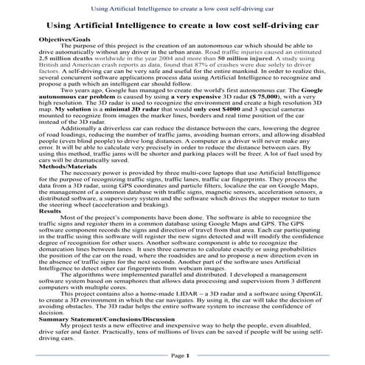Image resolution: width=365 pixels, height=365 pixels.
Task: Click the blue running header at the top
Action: click(182, 7)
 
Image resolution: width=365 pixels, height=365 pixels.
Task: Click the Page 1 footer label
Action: click(181, 355)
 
